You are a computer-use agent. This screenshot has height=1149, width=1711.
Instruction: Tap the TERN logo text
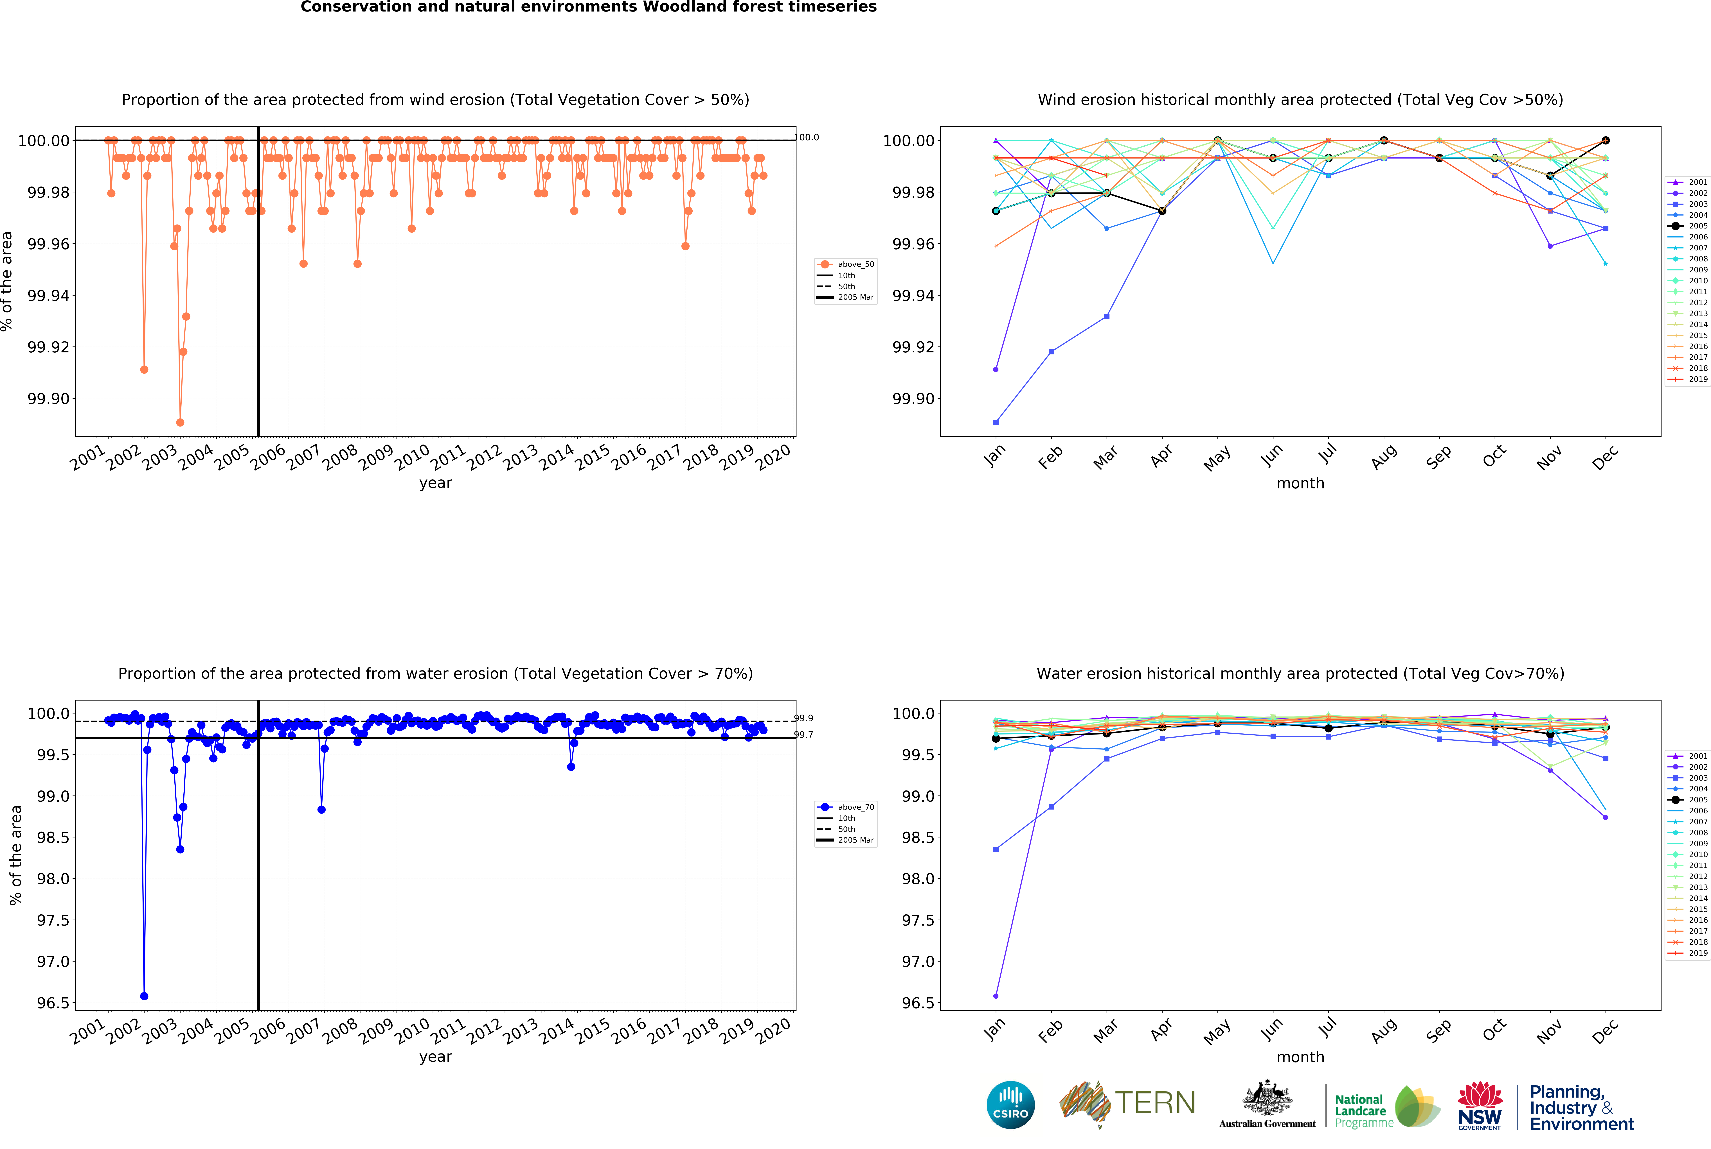(x=1155, y=1103)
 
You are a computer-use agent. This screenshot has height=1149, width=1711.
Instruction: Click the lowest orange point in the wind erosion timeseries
(x=180, y=423)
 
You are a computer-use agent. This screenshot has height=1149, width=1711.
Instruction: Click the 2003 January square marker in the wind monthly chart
(x=996, y=423)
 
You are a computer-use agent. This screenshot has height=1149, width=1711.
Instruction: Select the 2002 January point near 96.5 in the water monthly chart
(x=996, y=996)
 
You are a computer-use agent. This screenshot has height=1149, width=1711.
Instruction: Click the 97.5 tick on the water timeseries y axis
(x=53, y=920)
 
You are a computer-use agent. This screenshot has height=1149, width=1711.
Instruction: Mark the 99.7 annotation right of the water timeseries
(x=803, y=735)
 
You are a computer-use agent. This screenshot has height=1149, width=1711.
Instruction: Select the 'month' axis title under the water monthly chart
(x=1300, y=1057)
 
